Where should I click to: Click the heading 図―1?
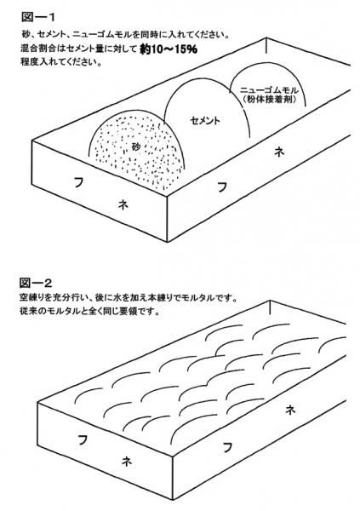38,17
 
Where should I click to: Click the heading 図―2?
36,283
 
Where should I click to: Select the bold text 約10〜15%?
169,49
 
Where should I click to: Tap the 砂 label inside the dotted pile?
136,146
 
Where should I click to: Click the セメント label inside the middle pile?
205,121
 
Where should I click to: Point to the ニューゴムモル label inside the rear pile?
269,90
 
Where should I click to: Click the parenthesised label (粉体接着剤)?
270,100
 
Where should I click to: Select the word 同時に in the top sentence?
152,35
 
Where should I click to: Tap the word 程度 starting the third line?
28,62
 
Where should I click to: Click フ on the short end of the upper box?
78,181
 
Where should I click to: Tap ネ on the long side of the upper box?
279,152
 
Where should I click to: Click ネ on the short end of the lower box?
127,461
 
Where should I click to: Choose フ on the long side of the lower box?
228,446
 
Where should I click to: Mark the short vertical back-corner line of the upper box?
266,46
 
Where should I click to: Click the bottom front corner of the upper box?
168,242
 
